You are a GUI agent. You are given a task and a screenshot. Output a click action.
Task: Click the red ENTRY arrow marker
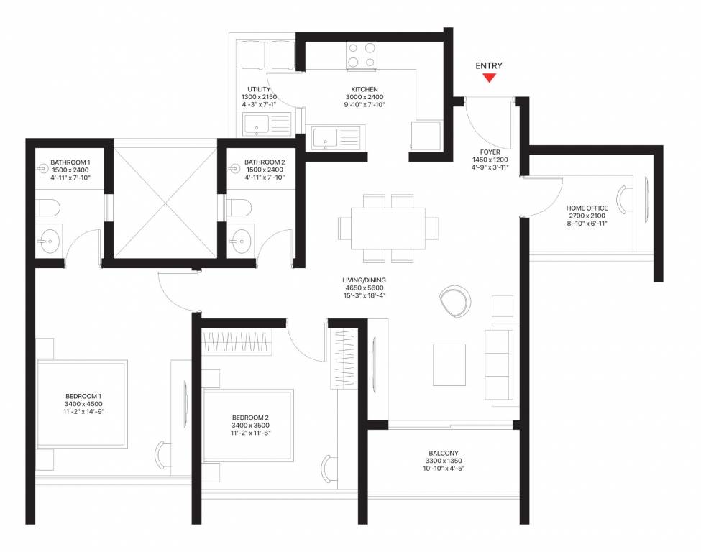[489, 78]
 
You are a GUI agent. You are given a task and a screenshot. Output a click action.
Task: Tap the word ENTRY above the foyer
[489, 66]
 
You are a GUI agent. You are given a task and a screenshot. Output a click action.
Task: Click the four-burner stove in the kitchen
[362, 55]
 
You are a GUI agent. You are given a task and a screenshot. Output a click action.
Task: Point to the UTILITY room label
[259, 89]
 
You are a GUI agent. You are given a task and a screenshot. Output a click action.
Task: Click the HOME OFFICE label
[587, 208]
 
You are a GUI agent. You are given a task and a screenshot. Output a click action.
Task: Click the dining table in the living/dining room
[388, 228]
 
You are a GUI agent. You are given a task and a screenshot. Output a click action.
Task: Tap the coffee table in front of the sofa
[449, 364]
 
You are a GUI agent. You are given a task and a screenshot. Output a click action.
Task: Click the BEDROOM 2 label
[250, 418]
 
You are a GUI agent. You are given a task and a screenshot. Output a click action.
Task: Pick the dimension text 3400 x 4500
[83, 405]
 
